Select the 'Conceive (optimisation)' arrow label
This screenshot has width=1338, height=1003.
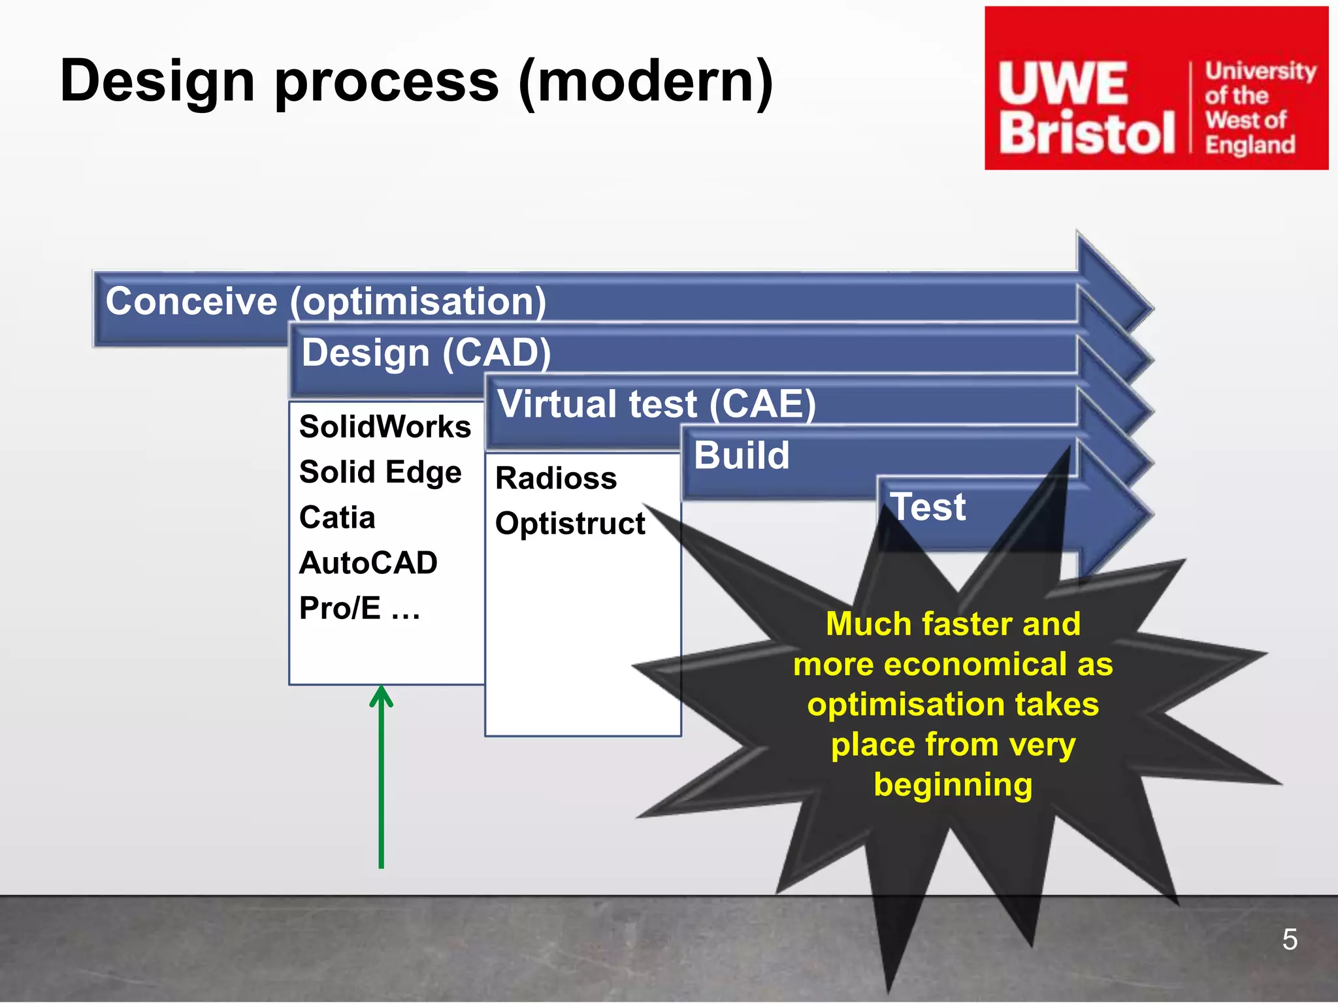click(325, 302)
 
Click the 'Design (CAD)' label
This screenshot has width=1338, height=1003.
click(426, 353)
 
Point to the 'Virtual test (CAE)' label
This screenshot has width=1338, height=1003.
click(656, 404)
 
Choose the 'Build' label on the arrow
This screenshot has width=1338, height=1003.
click(742, 455)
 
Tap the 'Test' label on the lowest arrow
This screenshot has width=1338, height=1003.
click(928, 507)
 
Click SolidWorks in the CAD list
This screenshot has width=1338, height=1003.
click(385, 427)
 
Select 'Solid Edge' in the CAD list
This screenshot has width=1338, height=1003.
click(380, 472)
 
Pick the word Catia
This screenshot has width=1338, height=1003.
click(337, 518)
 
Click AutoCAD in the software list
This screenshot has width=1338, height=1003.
click(368, 563)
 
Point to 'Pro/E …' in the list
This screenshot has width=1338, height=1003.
click(359, 609)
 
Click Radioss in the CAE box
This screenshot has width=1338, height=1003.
click(556, 479)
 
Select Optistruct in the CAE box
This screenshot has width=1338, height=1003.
click(570, 524)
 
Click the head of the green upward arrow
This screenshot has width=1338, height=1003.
click(381, 695)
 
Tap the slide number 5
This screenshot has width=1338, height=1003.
click(1289, 940)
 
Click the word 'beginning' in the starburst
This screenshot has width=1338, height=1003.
click(953, 785)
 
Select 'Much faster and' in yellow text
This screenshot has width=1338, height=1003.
click(953, 624)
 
